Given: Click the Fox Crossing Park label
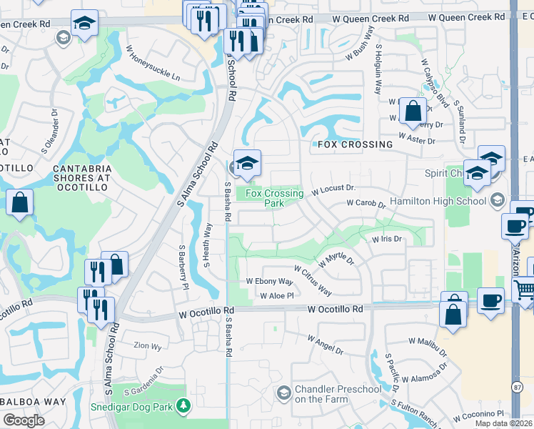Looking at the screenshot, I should coord(265,198).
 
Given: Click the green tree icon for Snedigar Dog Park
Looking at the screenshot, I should coord(184,406).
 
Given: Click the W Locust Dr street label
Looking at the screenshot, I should coord(333,191).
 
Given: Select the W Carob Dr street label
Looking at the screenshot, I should coord(366,204).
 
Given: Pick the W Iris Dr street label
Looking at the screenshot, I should coord(388,240).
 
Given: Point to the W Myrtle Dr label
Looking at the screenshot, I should coord(336,259).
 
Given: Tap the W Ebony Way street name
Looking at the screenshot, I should coord(269,282).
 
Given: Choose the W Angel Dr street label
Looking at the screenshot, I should coord(326,345).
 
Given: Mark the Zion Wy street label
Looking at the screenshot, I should coord(147,345).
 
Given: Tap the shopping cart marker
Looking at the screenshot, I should coord(525,290).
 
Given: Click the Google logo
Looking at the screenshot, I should coord(24,420).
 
